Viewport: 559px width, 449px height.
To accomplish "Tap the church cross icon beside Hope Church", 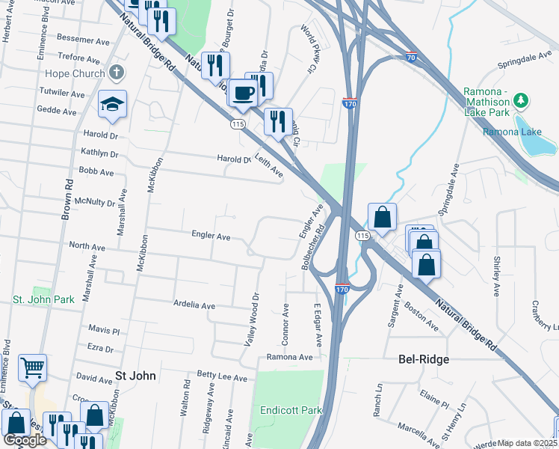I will [115, 73].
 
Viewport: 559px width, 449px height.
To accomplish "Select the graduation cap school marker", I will [112, 105].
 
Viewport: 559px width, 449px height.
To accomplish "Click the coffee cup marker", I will [243, 94].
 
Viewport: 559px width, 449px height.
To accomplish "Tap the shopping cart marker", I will [32, 368].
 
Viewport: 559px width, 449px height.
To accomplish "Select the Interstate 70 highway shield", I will [411, 57].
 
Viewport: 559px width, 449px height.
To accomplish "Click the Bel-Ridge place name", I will [423, 360].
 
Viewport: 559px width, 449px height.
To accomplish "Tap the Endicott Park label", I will [291, 410].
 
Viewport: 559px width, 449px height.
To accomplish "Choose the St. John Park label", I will [43, 299].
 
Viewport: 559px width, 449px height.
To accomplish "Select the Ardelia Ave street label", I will [194, 306].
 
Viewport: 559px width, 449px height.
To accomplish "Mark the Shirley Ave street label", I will [496, 275].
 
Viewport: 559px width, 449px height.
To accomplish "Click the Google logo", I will [25, 440].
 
